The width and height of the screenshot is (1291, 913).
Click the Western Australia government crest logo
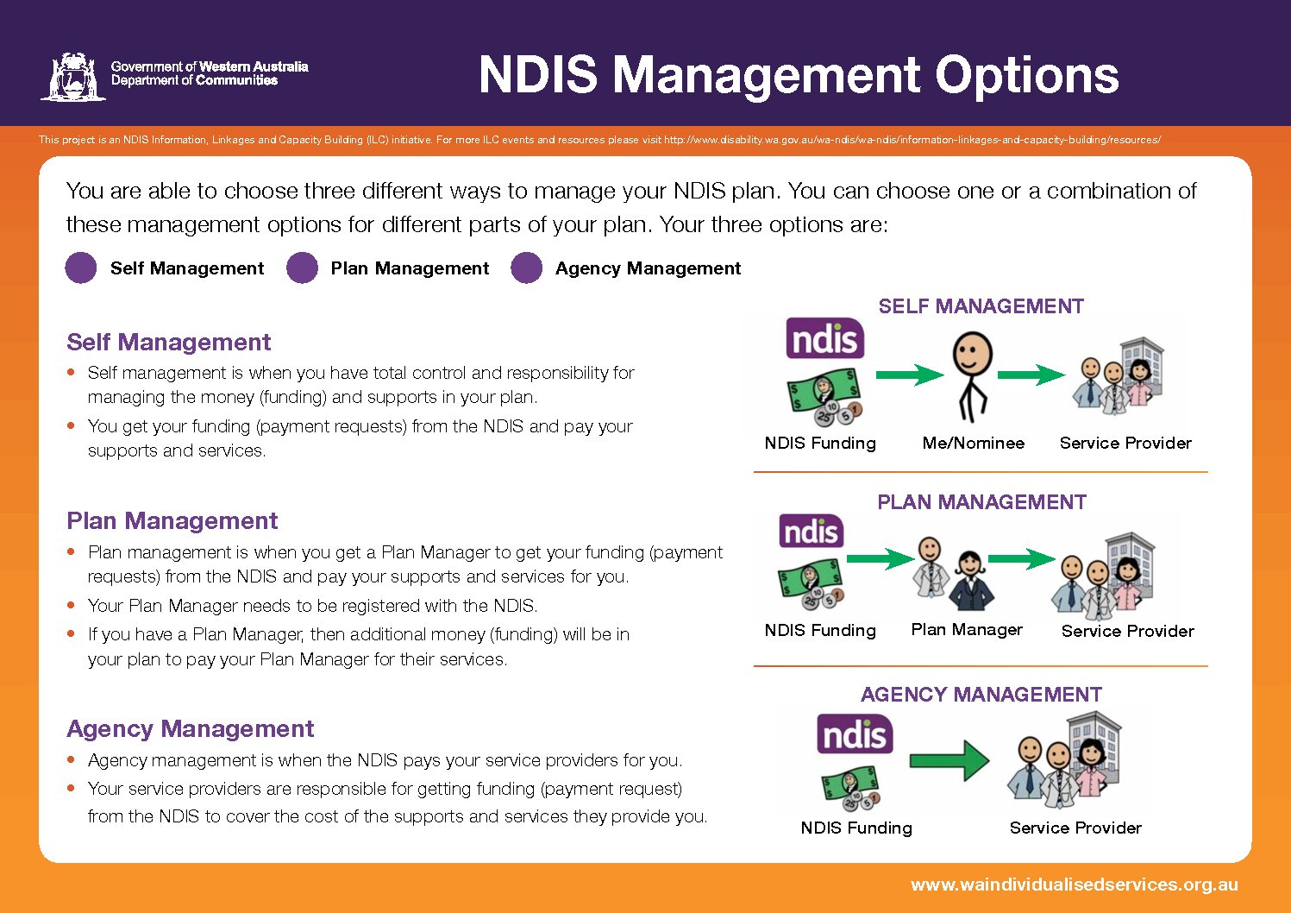(x=73, y=77)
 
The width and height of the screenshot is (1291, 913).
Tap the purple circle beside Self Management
(x=81, y=268)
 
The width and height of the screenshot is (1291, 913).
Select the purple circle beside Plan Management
(x=302, y=268)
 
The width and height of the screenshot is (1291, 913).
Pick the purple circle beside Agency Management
(x=526, y=268)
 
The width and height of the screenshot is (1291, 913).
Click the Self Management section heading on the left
(x=168, y=342)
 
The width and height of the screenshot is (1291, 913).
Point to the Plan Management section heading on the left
(x=172, y=520)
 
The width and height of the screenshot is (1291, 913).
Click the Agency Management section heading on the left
(x=191, y=728)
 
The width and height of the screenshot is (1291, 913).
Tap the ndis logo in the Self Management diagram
(x=825, y=338)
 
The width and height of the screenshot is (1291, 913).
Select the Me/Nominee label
(x=974, y=443)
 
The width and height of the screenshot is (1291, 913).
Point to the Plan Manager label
(x=967, y=630)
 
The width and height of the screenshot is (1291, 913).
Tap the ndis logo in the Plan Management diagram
(x=812, y=531)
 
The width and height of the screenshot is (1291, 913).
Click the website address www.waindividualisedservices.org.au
(x=1075, y=885)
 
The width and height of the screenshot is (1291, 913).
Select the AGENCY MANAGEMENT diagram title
(x=981, y=695)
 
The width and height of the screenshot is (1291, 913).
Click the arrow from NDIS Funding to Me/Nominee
(x=910, y=375)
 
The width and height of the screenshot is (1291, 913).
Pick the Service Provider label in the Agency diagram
(x=1075, y=828)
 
